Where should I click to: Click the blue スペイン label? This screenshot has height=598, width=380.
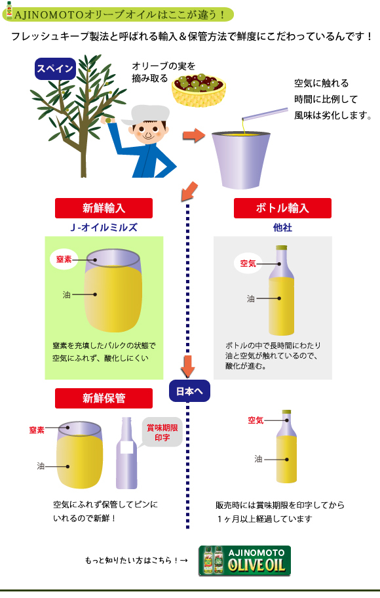pos(55,69)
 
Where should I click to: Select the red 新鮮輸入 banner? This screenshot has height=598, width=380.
pos(104,209)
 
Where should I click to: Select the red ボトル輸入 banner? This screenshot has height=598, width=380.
pos(282,209)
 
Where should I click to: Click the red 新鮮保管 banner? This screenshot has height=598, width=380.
pos(104,398)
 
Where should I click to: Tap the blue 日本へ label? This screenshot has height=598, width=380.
pos(189,391)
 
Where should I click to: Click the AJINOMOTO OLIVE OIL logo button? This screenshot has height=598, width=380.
pos(244,561)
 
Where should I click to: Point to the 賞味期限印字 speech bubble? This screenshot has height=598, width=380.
pos(161,433)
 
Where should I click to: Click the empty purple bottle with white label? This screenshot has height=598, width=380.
pos(126,453)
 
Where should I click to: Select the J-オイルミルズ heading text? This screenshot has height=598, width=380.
pos(104,228)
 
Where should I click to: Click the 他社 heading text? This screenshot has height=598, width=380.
pos(282,228)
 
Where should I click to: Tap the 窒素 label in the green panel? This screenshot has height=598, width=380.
pos(64,260)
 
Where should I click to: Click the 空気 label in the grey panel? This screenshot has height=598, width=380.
pos(248,264)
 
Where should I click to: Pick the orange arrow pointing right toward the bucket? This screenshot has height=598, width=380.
pos(194,135)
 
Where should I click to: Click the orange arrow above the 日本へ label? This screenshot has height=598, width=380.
pos(187,366)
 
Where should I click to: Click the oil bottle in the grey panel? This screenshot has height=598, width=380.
pos(281,290)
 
